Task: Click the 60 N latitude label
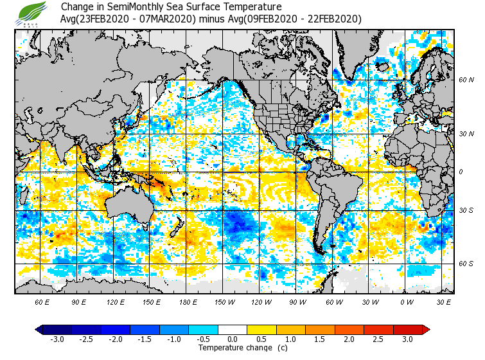click(466, 80)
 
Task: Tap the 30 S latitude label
click(466, 211)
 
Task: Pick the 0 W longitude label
click(407, 301)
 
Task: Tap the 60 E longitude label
click(42, 301)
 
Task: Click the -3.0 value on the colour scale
click(57, 339)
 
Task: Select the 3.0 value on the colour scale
click(407, 339)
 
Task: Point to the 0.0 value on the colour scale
click(233, 339)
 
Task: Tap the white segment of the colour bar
click(233, 330)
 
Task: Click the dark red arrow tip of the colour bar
click(426, 330)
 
